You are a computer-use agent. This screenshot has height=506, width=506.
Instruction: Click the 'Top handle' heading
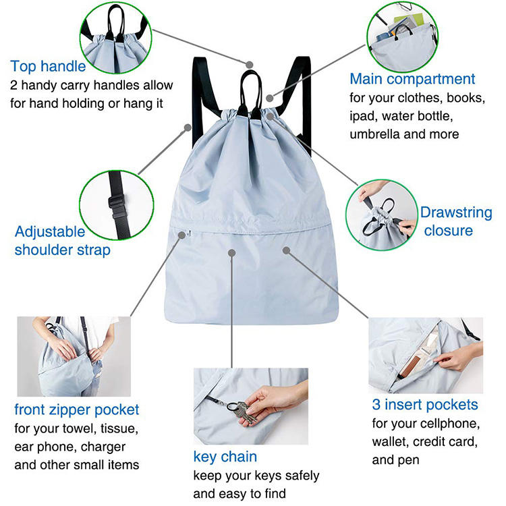[48, 67]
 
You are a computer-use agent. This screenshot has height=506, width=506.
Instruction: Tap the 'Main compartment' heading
[412, 79]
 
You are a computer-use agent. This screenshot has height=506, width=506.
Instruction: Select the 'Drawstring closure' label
[455, 221]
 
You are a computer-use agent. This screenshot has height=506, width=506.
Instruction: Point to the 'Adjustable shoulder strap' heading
[62, 241]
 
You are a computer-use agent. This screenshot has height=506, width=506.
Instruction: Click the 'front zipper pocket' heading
[76, 410]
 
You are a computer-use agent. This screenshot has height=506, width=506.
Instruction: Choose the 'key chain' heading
[225, 457]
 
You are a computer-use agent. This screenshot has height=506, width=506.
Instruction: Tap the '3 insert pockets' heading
[424, 405]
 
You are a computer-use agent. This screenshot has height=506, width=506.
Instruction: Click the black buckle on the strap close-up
[117, 206]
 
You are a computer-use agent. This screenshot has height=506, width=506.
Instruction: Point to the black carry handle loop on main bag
[251, 94]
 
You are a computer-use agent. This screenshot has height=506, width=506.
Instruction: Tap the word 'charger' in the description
[103, 447]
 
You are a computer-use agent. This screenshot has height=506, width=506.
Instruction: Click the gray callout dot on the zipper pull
[182, 235]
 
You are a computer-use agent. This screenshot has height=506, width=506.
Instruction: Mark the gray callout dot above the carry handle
[249, 65]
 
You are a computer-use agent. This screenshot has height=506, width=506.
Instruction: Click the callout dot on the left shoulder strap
[188, 128]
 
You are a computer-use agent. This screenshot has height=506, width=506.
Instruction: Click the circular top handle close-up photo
[116, 37]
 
